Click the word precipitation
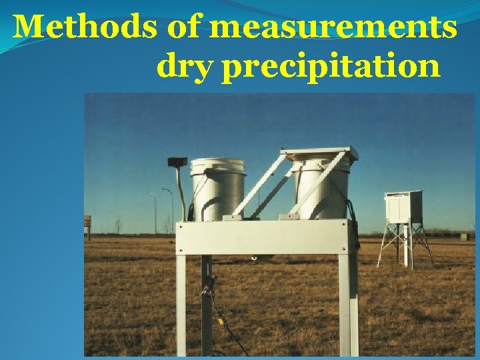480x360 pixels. pyautogui.click(x=330, y=68)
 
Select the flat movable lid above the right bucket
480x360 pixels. pyautogui.click(x=320, y=154)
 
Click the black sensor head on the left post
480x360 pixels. pyautogui.click(x=177, y=161)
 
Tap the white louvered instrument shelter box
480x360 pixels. pyautogui.click(x=403, y=207)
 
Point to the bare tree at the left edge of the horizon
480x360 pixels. pyautogui.click(x=118, y=225)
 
